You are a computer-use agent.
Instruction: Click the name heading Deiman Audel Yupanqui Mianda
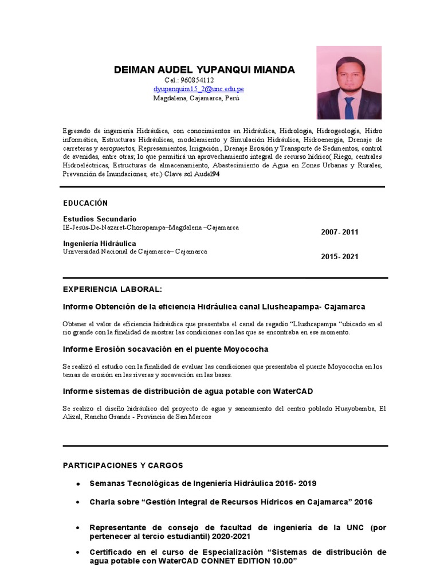(x=204, y=70)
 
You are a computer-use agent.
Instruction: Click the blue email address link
(x=198, y=89)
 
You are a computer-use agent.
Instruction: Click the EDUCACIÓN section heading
(x=85, y=203)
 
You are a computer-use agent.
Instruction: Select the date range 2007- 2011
(x=340, y=232)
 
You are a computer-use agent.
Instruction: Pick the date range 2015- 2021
(x=340, y=257)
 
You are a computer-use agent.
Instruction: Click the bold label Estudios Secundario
(x=100, y=219)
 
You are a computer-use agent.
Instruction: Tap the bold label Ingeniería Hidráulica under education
(x=100, y=244)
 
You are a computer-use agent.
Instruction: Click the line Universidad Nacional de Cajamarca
(x=135, y=252)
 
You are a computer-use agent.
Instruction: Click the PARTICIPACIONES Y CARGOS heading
(x=123, y=465)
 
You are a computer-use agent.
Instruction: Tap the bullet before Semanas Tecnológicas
(x=77, y=484)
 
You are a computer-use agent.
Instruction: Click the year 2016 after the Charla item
(x=363, y=502)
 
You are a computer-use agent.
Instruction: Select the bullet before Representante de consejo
(x=77, y=527)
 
